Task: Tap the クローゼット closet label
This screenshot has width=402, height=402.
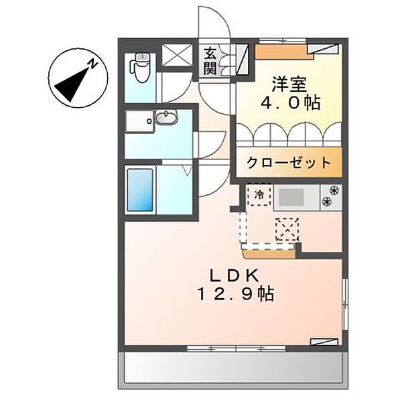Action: pos(288,162)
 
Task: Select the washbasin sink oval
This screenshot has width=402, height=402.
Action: pos(166,119)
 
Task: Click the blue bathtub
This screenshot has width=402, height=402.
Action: pos(141,190)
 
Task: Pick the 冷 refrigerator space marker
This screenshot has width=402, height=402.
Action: pos(259,195)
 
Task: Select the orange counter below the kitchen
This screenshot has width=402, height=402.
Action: pos(270,253)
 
